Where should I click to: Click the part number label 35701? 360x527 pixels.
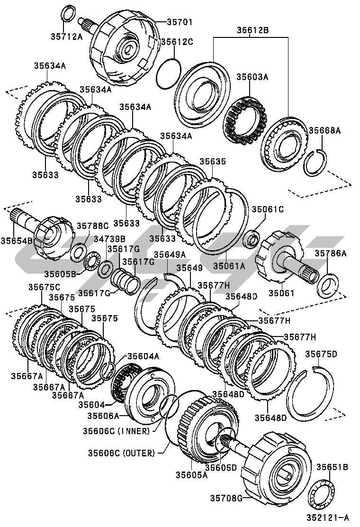pos(180,22)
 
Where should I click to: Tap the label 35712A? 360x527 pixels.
pos(66,36)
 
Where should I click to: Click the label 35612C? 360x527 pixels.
pos(177,42)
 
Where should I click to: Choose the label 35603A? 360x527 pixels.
pos(252,77)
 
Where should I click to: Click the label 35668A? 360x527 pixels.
pos(324,130)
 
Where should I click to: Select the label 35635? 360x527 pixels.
pos(213,161)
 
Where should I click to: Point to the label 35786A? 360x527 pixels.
pos(331,253)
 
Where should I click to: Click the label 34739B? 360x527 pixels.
pos(109,239)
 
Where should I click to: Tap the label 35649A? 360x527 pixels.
pos(170,254)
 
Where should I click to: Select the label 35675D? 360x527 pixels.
pos(321,354)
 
